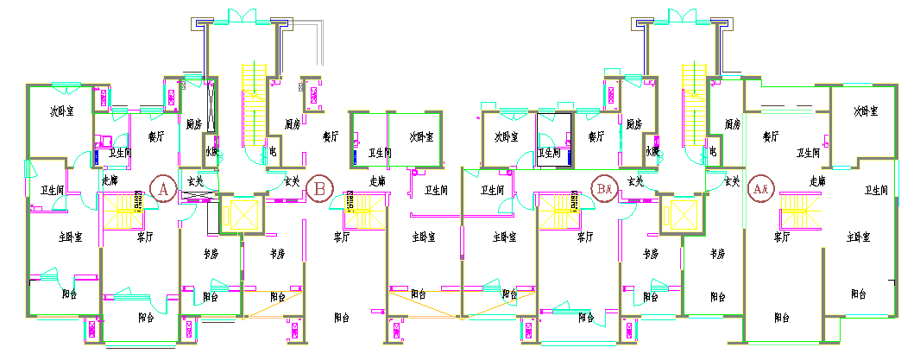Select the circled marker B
(x=320, y=186)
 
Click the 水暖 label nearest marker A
(x=212, y=152)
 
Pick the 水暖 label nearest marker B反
(x=652, y=151)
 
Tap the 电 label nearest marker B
(x=273, y=150)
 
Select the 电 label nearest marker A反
(x=713, y=151)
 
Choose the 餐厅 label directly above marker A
(x=156, y=136)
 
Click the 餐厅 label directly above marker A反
(x=771, y=136)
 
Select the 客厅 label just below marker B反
(x=584, y=237)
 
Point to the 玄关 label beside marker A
(x=195, y=181)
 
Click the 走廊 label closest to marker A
(x=110, y=181)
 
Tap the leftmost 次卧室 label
(x=60, y=111)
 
